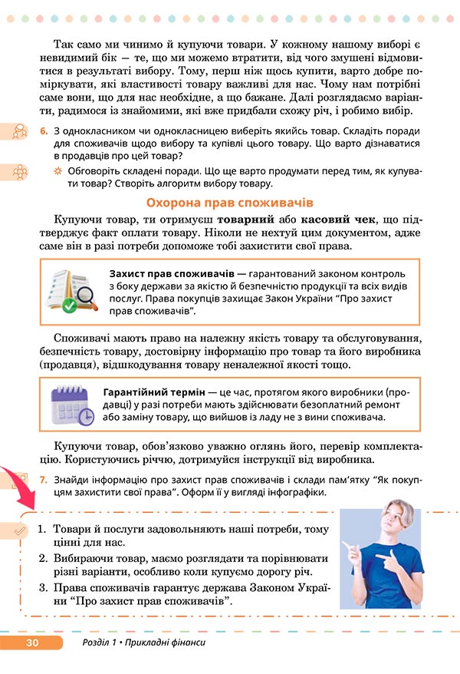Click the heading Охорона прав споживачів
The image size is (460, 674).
[229, 203]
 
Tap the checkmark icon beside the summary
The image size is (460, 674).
[21, 529]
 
